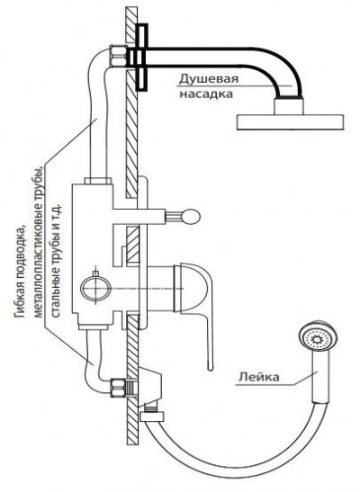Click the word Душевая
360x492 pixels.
(x=209, y=79)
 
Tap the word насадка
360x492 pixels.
(x=206, y=94)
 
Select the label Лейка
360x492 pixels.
(x=258, y=377)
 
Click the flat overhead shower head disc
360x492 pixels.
(x=291, y=122)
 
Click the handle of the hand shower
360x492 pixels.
(x=320, y=378)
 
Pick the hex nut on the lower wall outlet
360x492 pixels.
(x=118, y=388)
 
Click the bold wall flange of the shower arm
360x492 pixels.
(x=142, y=58)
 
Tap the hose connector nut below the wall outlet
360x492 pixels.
(x=152, y=416)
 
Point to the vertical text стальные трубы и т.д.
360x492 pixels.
(x=56, y=261)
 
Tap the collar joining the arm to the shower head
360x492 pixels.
(x=289, y=106)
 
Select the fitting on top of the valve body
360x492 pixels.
(x=98, y=181)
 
